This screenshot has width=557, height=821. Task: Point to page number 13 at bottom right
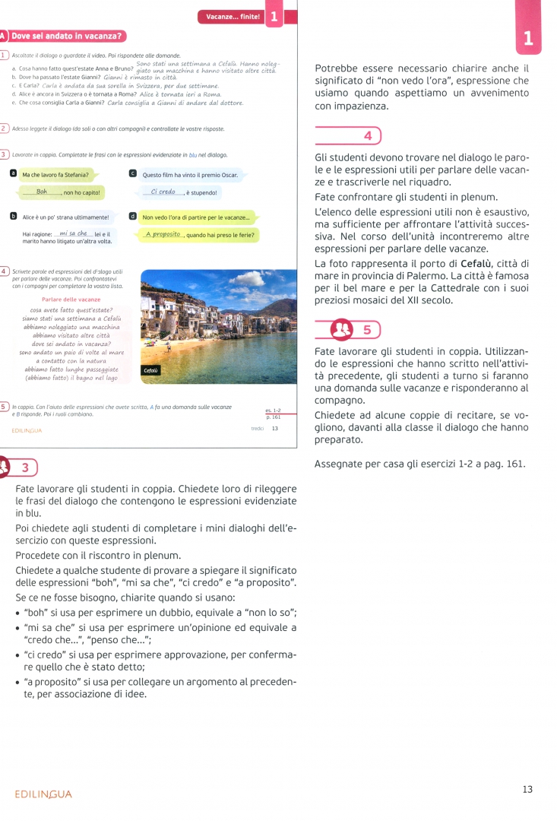click(527, 789)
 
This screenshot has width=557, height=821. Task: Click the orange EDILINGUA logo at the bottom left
click(43, 794)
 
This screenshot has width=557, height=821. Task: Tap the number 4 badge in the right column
click(368, 135)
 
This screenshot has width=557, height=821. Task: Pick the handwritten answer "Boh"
click(42, 192)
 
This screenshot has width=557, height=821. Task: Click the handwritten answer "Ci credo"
click(163, 192)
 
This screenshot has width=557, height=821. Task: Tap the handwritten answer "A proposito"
click(163, 234)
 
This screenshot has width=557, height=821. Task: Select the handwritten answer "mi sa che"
click(73, 233)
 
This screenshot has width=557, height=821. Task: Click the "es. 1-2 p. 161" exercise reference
click(273, 414)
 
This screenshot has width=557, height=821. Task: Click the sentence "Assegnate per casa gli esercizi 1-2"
click(419, 464)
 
